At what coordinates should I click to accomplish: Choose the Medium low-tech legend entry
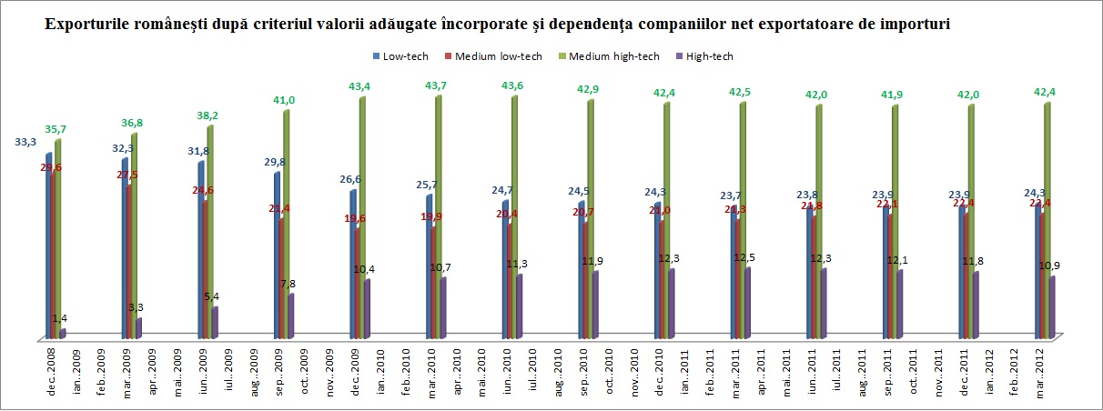499,56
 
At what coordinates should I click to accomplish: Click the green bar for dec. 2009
362,218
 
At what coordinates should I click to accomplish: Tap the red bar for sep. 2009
281,277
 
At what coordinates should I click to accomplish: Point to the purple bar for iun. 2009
215,323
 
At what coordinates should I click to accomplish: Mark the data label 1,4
59,317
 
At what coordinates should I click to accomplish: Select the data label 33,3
25,143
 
